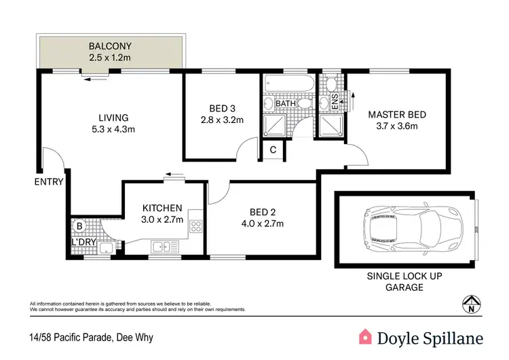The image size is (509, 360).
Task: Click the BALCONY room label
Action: (110, 47)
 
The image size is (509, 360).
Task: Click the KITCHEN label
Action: (162, 208)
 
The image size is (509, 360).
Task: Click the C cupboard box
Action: (273, 150)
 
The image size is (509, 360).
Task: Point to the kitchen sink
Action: (162, 247)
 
